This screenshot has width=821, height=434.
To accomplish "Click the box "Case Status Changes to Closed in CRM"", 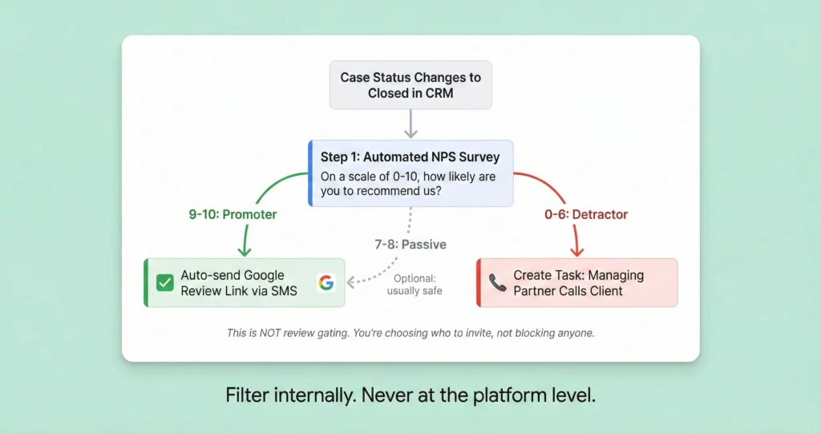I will (410, 85).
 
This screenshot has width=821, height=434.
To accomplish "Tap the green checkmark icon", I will (165, 282).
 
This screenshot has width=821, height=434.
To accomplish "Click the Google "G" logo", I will (326, 282).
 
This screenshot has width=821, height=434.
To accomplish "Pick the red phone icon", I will (497, 282).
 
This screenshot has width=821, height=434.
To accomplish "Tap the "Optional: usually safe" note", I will (414, 284).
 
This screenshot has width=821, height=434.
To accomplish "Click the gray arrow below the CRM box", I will (410, 124).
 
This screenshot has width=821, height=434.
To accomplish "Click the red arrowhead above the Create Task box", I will (576, 249).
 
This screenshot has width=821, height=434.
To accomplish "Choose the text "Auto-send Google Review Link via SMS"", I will (239, 282).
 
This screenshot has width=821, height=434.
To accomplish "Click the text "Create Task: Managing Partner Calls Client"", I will (578, 282).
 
